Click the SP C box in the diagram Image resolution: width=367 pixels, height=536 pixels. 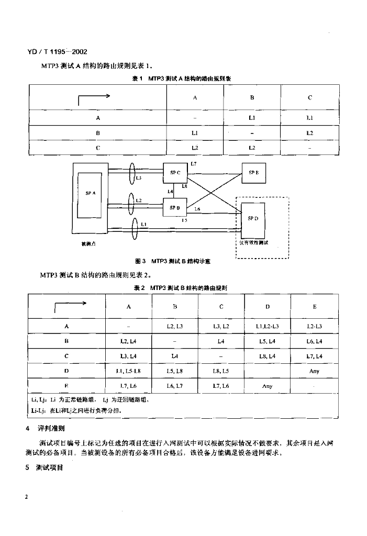[x=174, y=173]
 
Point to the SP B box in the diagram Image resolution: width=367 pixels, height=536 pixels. [x=174, y=208]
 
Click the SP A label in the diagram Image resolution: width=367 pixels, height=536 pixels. [x=91, y=193]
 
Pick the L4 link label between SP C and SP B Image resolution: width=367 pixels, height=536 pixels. [x=170, y=192]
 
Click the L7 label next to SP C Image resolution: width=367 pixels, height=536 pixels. [x=194, y=164]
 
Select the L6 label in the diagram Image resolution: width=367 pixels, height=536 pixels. [x=197, y=209]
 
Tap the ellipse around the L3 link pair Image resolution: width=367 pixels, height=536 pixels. [x=131, y=178]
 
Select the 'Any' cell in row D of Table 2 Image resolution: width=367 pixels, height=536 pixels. [x=314, y=371]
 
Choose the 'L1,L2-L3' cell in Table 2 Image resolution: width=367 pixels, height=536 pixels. [x=268, y=326]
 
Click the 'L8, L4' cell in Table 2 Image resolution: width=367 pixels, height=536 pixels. [x=268, y=356]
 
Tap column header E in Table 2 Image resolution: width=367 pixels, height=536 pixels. [x=314, y=307]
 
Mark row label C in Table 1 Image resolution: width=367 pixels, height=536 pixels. [x=98, y=148]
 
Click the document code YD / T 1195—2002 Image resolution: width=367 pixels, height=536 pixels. [x=56, y=52]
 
